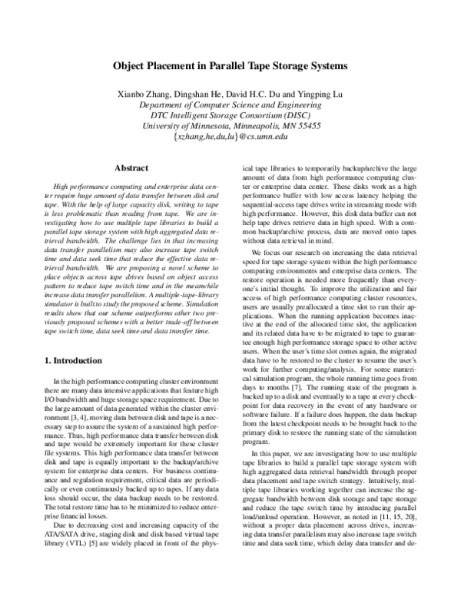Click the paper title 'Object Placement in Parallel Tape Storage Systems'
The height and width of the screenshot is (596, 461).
[x=230, y=66]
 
